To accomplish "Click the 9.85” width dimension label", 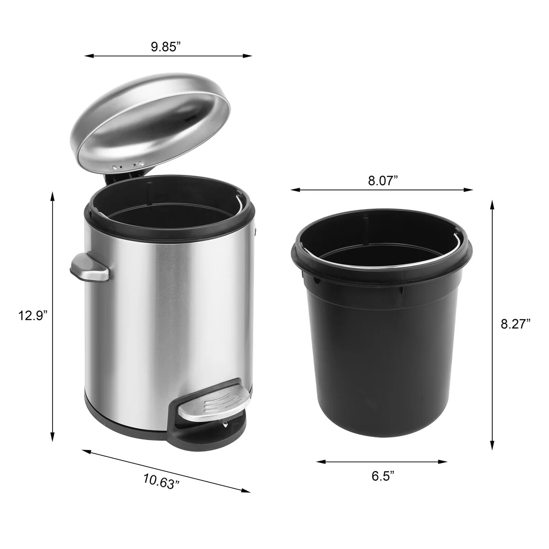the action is pyautogui.click(x=166, y=47).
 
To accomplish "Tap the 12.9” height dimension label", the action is pyautogui.click(x=33, y=315).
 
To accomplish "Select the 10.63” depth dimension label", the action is pyautogui.click(x=161, y=481).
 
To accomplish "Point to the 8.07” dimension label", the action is pyautogui.click(x=383, y=181).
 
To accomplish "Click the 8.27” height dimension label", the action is pyautogui.click(x=516, y=324).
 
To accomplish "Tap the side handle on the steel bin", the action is pyautogui.click(x=89, y=267).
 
